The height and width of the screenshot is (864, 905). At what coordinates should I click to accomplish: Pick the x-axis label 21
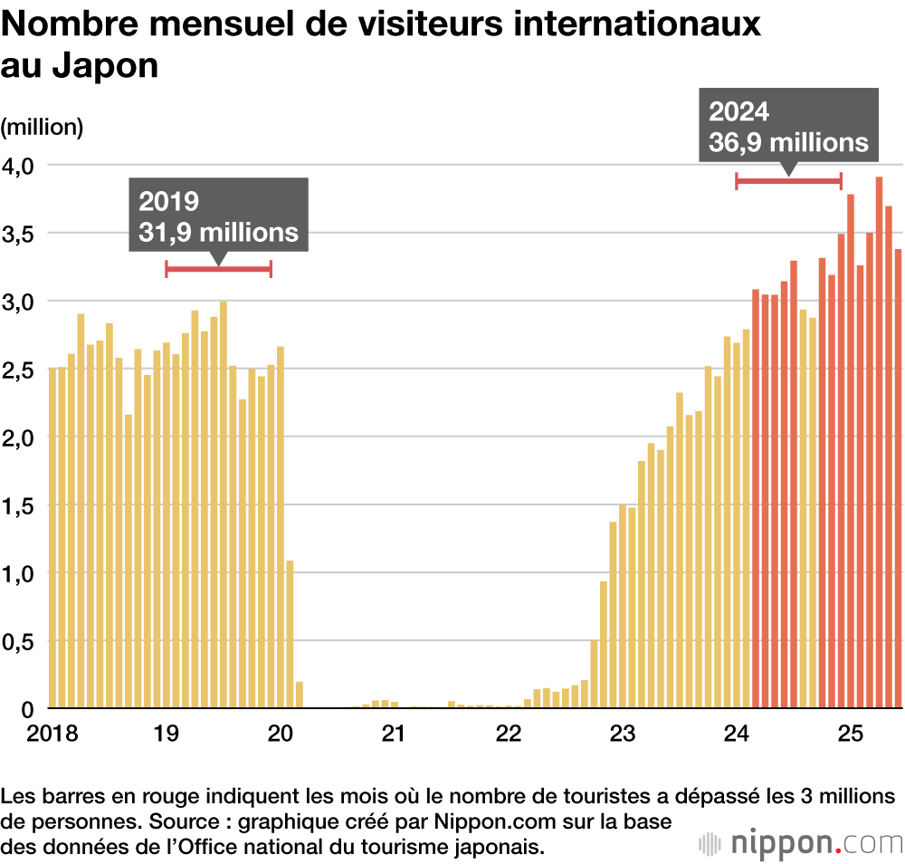(x=392, y=732)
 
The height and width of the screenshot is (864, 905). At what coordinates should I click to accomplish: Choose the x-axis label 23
(x=622, y=732)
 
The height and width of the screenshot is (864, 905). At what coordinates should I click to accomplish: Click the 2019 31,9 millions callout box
(x=218, y=215)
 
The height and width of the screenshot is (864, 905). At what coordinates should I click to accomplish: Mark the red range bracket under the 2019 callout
(x=218, y=268)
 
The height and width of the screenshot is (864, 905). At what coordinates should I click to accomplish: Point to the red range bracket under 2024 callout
(x=788, y=181)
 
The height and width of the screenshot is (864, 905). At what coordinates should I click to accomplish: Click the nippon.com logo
(x=800, y=842)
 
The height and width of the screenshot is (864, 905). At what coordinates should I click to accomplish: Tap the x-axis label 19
(x=163, y=732)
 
